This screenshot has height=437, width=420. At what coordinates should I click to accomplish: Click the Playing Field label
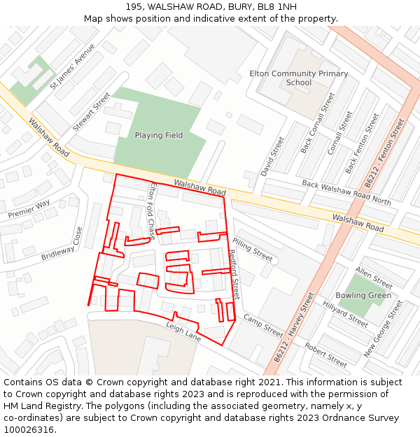[x=158, y=136]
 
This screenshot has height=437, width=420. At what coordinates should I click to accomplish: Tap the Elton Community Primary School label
[x=298, y=78]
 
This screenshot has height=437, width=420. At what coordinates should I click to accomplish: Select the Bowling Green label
[x=363, y=296]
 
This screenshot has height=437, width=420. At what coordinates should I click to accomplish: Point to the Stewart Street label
[x=92, y=112]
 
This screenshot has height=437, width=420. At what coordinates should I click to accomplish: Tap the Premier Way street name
[x=29, y=209]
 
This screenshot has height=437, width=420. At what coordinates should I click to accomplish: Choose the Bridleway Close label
[x=62, y=245]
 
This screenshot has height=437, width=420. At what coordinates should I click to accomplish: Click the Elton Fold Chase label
[x=152, y=210]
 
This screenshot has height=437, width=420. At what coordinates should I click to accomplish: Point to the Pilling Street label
[x=252, y=250]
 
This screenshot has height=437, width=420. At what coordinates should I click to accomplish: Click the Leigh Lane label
[x=183, y=332]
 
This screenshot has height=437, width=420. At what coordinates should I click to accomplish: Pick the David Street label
[x=272, y=155]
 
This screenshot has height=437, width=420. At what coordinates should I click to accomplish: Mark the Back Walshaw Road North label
[x=346, y=192]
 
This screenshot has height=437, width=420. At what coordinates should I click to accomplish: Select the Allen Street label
[x=374, y=278]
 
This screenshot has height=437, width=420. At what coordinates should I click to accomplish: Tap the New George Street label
[x=383, y=329]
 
